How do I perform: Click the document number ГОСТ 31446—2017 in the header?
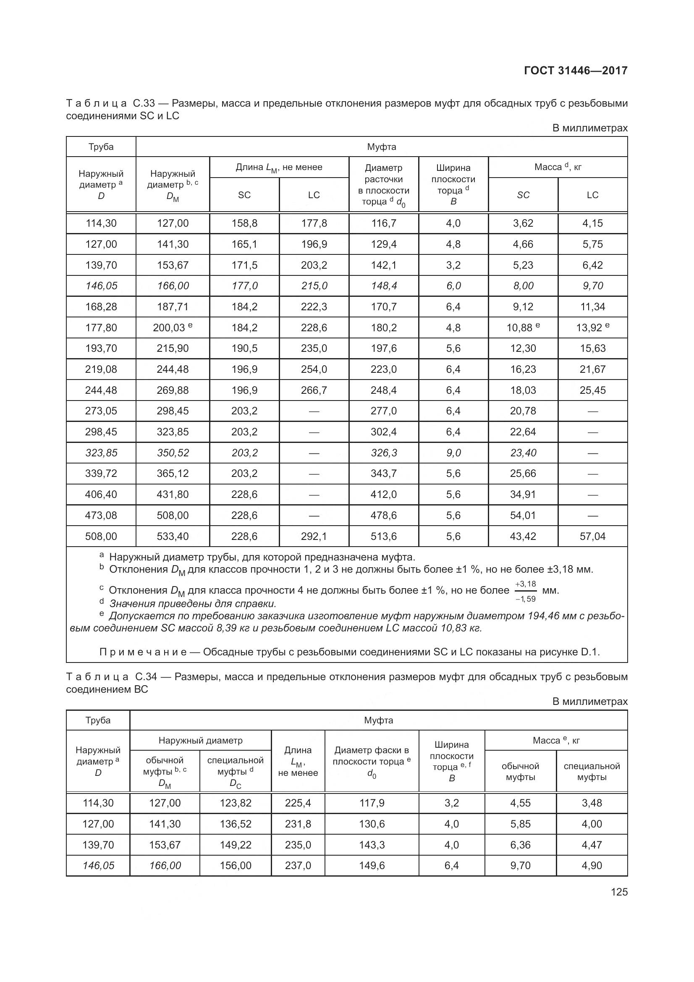575,71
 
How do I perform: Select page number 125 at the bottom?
619,892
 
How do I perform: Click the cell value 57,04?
592,536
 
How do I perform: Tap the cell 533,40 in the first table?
172,536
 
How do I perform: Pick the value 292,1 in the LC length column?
314,536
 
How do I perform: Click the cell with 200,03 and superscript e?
172,327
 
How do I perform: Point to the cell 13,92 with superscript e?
592,327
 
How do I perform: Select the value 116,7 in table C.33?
384,223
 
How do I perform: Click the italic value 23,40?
523,453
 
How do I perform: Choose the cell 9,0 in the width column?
453,453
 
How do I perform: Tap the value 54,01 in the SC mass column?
523,516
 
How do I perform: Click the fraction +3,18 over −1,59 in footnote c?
526,591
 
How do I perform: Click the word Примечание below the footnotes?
143,652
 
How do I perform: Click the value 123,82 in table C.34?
235,803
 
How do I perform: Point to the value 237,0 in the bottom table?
298,866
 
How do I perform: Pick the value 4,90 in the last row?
592,866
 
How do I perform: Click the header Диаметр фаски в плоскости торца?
371,761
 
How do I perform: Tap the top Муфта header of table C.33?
381,147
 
